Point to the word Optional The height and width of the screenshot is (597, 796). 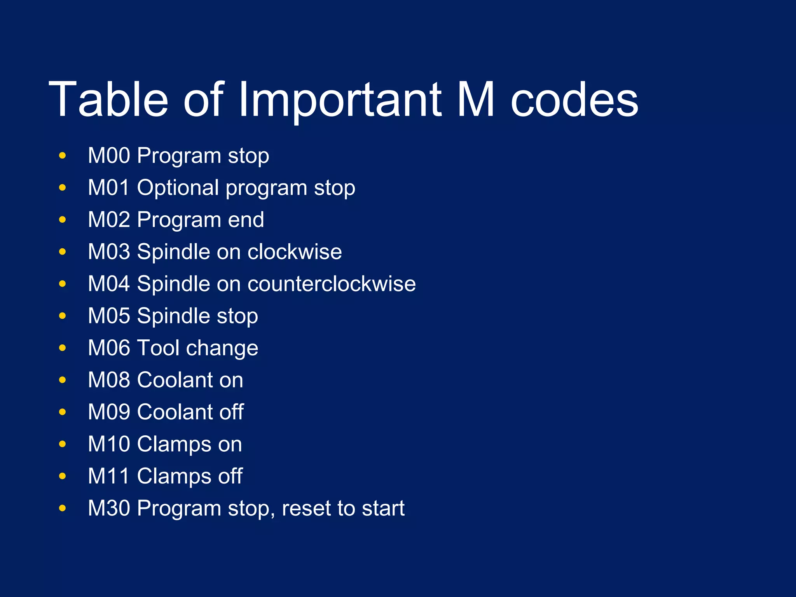(178, 188)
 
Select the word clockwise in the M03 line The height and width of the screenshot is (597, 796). (295, 252)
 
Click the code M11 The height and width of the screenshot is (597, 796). (108, 476)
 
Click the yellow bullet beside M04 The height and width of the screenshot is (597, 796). (62, 284)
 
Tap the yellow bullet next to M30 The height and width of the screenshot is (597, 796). (62, 508)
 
